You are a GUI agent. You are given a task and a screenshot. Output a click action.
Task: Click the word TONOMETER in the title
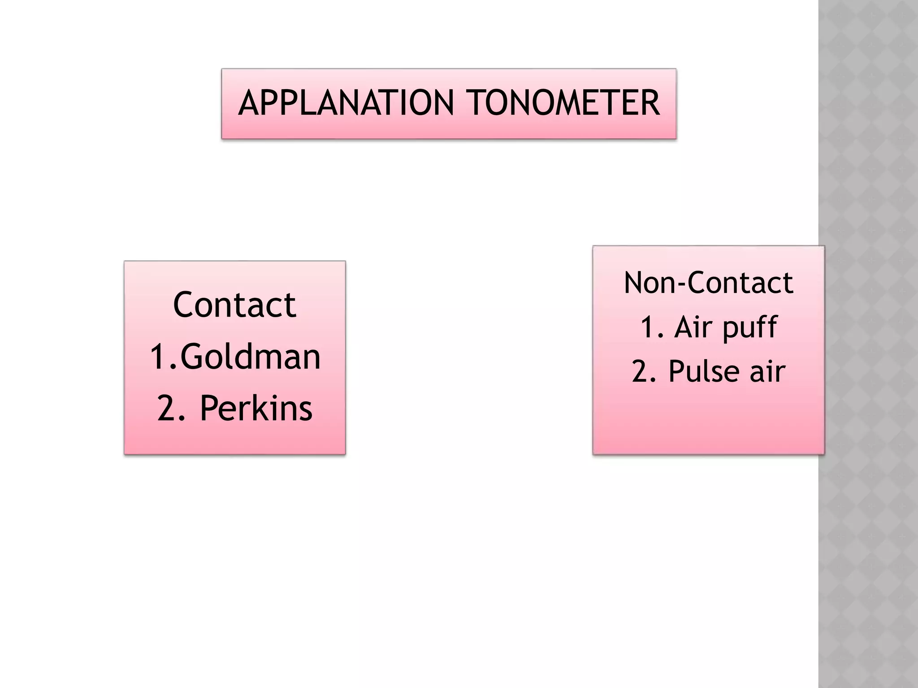click(564, 103)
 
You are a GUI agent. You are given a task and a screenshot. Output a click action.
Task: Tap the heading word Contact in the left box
click(234, 305)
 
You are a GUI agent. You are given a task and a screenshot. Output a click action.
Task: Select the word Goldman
click(251, 357)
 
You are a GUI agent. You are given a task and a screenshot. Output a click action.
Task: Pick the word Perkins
click(255, 408)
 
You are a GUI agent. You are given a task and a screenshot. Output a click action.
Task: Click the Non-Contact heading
click(708, 283)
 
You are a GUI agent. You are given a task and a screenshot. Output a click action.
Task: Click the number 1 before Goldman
click(158, 357)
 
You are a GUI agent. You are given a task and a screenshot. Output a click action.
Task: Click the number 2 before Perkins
click(167, 408)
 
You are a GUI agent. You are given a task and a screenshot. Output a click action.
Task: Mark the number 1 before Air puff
click(648, 327)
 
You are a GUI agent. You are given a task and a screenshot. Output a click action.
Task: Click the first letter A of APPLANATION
click(249, 103)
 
